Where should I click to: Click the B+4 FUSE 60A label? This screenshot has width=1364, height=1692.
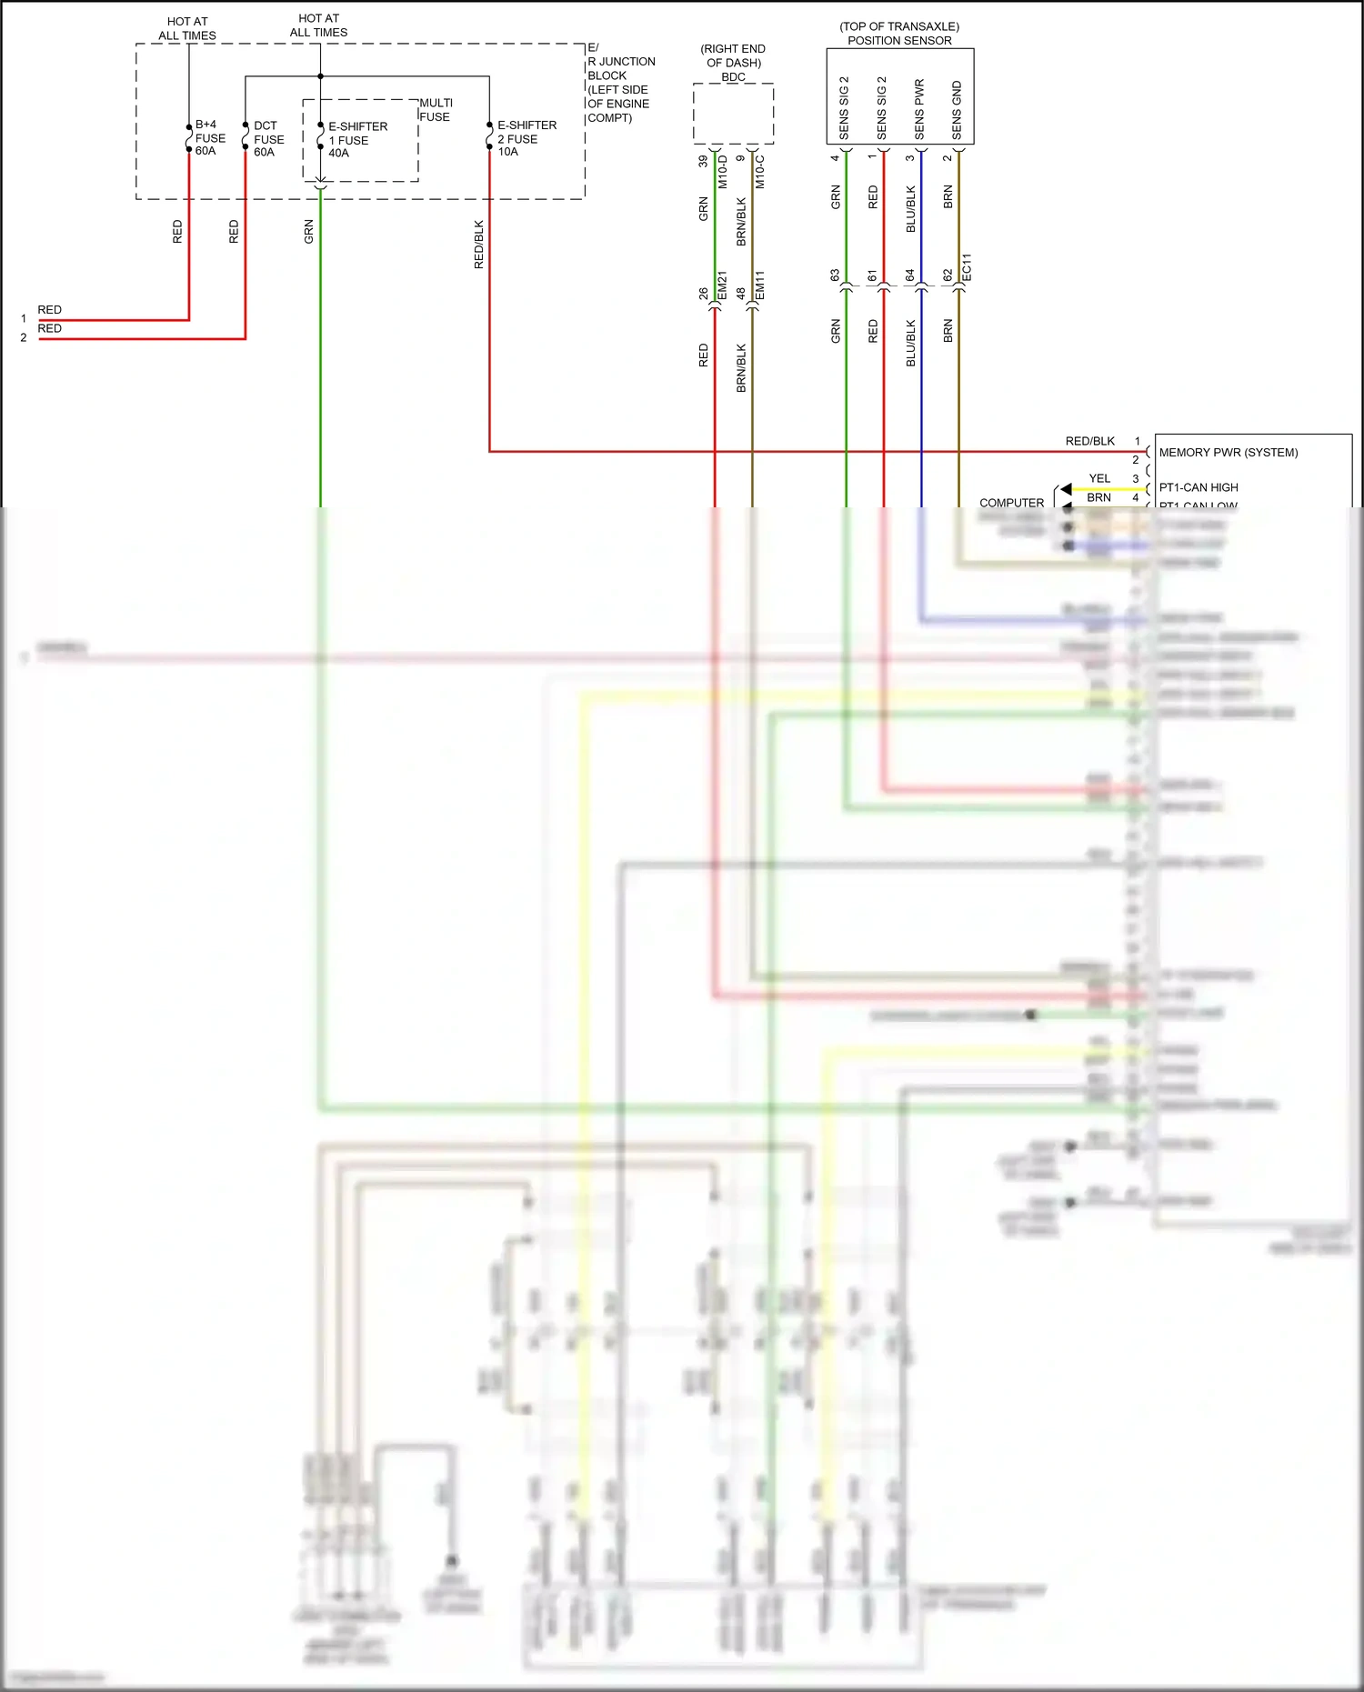click(x=209, y=137)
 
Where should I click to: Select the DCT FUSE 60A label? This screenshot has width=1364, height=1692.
click(x=268, y=139)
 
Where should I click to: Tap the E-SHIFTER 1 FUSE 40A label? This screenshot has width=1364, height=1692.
click(x=356, y=140)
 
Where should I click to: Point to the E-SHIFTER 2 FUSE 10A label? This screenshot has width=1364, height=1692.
click(x=526, y=138)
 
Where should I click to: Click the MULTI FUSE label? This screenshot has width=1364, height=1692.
click(x=436, y=110)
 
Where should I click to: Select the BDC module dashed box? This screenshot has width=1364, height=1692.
click(x=733, y=114)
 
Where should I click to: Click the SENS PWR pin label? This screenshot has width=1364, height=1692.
click(x=919, y=110)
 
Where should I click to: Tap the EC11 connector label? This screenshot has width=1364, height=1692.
click(x=967, y=266)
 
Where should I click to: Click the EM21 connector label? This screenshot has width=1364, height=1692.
click(x=722, y=286)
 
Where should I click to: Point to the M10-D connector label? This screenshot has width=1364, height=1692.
click(x=722, y=172)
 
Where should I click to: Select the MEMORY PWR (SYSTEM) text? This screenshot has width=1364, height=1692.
click(x=1228, y=452)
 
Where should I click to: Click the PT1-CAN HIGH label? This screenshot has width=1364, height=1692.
click(x=1198, y=487)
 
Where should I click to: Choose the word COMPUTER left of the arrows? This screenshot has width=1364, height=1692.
click(x=1011, y=503)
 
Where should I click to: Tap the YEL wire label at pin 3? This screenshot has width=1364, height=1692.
click(x=1099, y=478)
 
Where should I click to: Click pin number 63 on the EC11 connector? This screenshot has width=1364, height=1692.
click(x=835, y=275)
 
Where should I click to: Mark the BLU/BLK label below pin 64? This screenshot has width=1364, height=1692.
click(x=911, y=343)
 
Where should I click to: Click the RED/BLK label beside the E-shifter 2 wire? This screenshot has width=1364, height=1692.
click(x=479, y=245)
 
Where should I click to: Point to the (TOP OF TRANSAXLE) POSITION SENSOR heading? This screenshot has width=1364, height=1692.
click(x=899, y=34)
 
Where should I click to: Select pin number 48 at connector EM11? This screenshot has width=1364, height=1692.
click(x=741, y=294)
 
